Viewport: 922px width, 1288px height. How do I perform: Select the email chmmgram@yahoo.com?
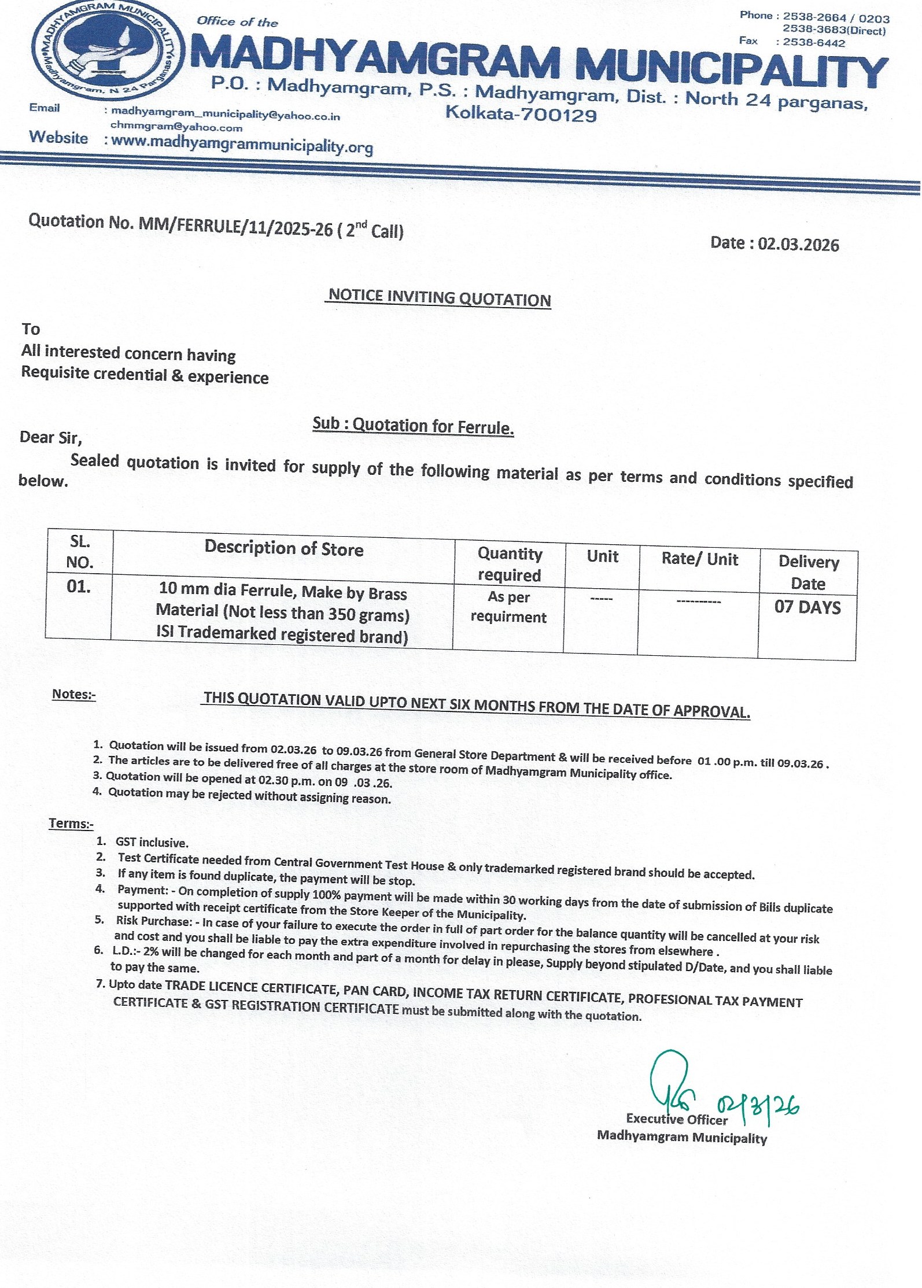click(176, 127)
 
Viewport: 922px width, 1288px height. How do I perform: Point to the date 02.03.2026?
click(798, 244)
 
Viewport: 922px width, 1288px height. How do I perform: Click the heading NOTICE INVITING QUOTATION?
click(440, 298)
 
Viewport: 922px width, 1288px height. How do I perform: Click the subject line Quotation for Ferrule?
click(433, 427)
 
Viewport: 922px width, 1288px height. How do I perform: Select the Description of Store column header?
click(284, 548)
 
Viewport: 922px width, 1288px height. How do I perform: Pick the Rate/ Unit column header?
click(699, 559)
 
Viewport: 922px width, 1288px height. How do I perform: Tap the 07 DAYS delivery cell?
click(807, 607)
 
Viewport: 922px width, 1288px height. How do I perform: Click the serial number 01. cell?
click(79, 586)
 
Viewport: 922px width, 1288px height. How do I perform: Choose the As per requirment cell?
click(508, 607)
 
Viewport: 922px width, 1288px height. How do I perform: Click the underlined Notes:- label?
click(74, 694)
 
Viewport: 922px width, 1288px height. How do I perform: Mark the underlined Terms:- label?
click(71, 824)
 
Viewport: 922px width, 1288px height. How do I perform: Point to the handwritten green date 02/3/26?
click(758, 1108)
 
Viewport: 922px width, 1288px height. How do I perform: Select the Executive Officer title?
click(676, 1120)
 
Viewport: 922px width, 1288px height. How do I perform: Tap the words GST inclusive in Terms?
click(152, 843)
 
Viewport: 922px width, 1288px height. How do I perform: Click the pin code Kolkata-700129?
click(521, 113)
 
